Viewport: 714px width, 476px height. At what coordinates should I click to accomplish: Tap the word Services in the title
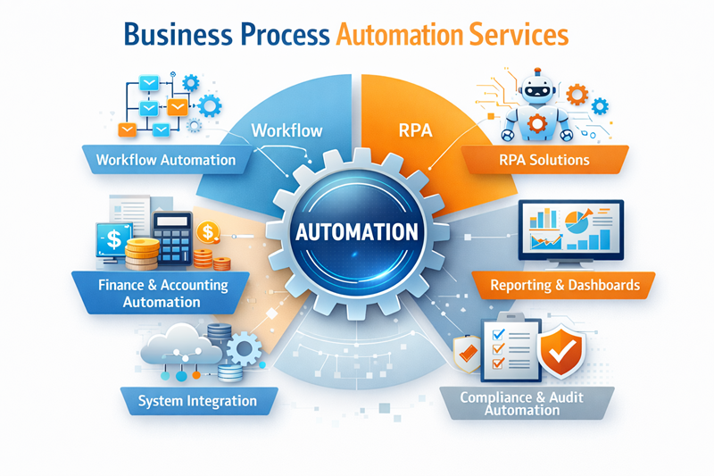[519, 35]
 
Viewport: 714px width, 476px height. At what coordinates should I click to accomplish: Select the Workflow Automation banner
[167, 160]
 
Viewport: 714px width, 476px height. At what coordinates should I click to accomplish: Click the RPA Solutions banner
[544, 160]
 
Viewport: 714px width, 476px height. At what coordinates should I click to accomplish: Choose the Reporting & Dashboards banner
[564, 285]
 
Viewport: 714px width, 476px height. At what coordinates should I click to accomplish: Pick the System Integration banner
[198, 401]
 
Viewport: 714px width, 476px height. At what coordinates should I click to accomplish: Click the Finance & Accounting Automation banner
[161, 293]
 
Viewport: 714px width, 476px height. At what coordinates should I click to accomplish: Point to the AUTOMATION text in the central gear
[356, 231]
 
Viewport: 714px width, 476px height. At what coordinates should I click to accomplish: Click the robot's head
[538, 88]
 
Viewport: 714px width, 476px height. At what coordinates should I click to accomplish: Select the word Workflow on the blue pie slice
[286, 130]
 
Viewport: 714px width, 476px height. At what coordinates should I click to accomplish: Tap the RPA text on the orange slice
[415, 130]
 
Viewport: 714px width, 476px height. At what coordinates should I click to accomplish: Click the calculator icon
[172, 238]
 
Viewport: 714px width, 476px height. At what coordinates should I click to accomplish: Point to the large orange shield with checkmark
[561, 351]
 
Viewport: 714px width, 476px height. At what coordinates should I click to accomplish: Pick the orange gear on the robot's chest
[537, 123]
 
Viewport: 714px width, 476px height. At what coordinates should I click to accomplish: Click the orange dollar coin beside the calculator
[208, 231]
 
